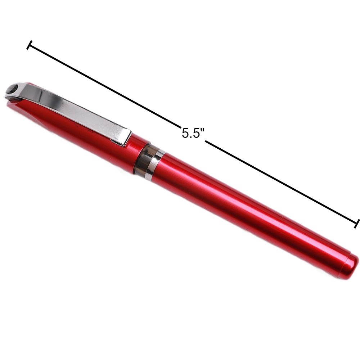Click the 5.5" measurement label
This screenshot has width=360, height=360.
[193, 134]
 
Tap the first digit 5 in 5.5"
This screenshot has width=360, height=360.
[186, 134]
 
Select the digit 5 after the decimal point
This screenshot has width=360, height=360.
[197, 134]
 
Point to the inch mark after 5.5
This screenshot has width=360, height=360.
[203, 130]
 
